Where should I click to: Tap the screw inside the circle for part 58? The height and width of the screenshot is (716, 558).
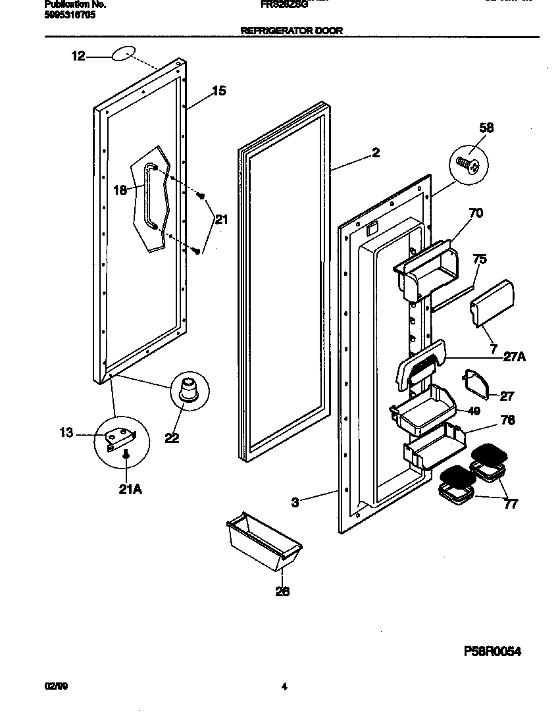click(468, 160)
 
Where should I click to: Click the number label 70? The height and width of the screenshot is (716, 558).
click(475, 213)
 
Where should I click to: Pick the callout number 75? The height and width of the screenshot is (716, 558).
click(479, 259)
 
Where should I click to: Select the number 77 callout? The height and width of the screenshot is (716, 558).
click(510, 504)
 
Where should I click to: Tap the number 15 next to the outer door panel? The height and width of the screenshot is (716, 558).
click(219, 91)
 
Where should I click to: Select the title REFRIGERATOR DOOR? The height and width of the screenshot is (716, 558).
click(292, 30)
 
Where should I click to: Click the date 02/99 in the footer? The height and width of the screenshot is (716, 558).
click(56, 687)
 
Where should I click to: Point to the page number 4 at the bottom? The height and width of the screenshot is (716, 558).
click(284, 688)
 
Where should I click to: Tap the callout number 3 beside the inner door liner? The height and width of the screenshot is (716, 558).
click(295, 503)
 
